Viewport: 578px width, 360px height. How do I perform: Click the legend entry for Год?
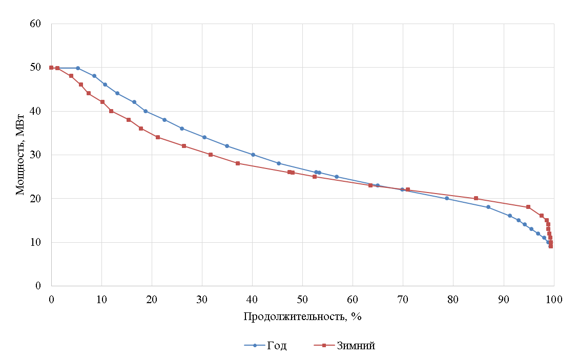pyautogui.click(x=276, y=346)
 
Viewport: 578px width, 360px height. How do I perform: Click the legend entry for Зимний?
pyautogui.click(x=356, y=346)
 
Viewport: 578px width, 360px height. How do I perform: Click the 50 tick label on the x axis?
pyautogui.click(x=302, y=299)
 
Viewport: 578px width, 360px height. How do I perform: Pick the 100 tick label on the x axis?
pyautogui.click(x=553, y=299)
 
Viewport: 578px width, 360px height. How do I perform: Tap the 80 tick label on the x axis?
pyautogui.click(x=453, y=299)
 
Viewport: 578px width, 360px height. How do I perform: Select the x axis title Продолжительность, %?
pyautogui.click(x=302, y=316)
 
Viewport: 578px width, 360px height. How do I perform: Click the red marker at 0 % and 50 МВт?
pyautogui.click(x=51, y=68)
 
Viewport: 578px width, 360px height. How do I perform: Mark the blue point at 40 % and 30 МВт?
pyautogui.click(x=253, y=155)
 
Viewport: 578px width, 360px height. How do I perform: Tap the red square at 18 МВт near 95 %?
pyautogui.click(x=528, y=207)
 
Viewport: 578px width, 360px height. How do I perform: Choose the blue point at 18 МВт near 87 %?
pyautogui.click(x=488, y=207)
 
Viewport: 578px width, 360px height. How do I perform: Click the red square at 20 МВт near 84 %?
pyautogui.click(x=476, y=198)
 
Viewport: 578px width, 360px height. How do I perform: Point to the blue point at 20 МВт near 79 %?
pyautogui.click(x=447, y=198)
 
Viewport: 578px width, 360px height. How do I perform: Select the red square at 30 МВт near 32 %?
pyautogui.click(x=211, y=155)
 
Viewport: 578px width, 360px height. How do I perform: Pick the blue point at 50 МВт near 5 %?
pyautogui.click(x=78, y=68)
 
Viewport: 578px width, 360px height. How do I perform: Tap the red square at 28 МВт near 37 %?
pyautogui.click(x=238, y=163)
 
